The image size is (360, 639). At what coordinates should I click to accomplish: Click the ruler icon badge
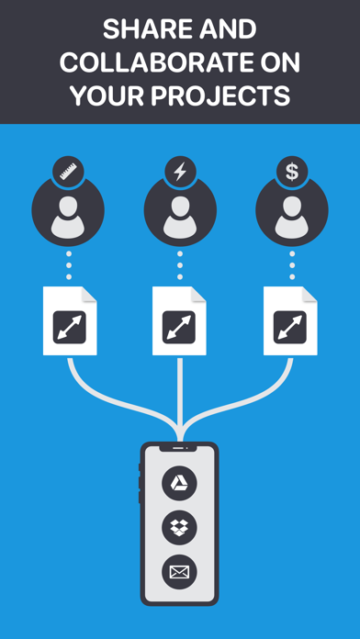[x=68, y=172]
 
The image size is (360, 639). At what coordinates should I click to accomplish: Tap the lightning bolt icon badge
[x=180, y=172]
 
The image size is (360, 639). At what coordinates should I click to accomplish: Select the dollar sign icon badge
[x=292, y=172]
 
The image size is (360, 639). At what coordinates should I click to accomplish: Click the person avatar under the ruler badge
[x=68, y=213]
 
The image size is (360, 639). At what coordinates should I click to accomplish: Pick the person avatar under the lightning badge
[x=180, y=213]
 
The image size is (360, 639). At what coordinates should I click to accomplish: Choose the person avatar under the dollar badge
[x=292, y=213]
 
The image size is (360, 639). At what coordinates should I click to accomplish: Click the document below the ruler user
[x=70, y=320]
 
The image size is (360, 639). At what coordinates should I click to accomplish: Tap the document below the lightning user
[x=179, y=320]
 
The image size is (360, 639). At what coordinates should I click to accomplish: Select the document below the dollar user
[x=290, y=320]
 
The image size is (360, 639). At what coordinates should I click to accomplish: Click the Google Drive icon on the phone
[x=179, y=483]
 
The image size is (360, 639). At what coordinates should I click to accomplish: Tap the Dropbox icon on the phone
[x=179, y=528]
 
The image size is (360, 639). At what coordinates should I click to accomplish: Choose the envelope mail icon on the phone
[x=179, y=572]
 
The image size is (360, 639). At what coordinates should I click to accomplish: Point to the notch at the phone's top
[x=179, y=448]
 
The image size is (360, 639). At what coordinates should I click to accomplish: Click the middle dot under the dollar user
[x=292, y=265]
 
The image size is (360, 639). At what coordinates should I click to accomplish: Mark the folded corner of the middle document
[x=198, y=294]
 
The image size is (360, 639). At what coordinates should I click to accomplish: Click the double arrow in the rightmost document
[x=290, y=327]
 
